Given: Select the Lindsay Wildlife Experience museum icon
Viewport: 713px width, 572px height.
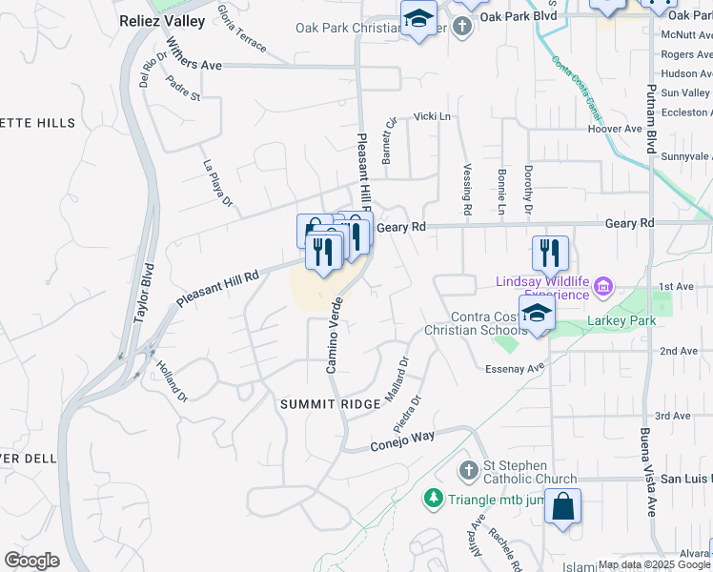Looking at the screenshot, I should pyautogui.click(x=602, y=286).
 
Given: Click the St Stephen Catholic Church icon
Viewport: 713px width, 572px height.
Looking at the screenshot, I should pyautogui.click(x=467, y=470).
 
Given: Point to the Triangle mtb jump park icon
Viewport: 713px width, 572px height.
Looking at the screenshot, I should pyautogui.click(x=434, y=498).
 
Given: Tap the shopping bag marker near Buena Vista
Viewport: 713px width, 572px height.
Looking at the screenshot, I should pyautogui.click(x=562, y=506).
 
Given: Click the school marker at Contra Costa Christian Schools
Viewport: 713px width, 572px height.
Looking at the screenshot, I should pyautogui.click(x=538, y=314).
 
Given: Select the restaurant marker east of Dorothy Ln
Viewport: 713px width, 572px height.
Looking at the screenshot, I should pyautogui.click(x=550, y=253).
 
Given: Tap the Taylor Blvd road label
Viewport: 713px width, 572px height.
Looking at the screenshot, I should pyautogui.click(x=143, y=295).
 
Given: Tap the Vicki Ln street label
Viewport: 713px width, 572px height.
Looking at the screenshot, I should pyautogui.click(x=432, y=116).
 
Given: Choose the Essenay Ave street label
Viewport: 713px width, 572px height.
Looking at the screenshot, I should pyautogui.click(x=514, y=367).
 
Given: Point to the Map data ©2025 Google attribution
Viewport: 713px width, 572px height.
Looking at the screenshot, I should pyautogui.click(x=654, y=564).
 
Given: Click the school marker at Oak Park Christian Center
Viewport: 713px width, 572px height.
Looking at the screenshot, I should pyautogui.click(x=418, y=19).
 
